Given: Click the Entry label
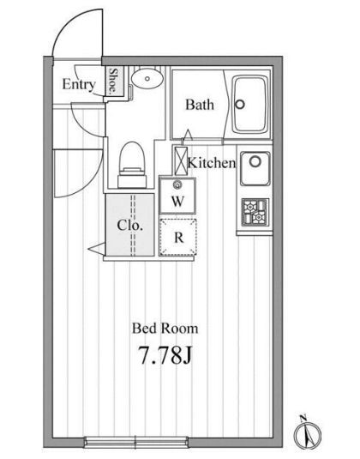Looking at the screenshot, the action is click(79, 85).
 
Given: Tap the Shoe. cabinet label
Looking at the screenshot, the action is click(113, 82).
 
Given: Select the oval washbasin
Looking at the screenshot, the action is click(147, 78).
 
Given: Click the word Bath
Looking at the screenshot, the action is click(200, 105).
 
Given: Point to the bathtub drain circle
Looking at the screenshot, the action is click(240, 104).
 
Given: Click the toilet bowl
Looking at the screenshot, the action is click(132, 165).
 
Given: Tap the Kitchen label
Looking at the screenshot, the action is click(212, 163).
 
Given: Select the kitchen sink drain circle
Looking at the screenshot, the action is click(255, 160).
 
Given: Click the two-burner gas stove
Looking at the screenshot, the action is click(255, 212).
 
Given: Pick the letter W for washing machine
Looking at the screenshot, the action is click(177, 202).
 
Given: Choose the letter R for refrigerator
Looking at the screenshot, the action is click(178, 237).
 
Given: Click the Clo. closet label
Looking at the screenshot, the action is click(129, 226).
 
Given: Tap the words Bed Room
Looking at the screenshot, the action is click(165, 329).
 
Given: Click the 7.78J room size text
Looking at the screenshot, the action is click(165, 355).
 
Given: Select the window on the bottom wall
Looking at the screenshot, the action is click(136, 442).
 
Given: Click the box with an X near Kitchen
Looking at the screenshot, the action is click(181, 160).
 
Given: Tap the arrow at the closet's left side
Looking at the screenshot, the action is click(96, 249).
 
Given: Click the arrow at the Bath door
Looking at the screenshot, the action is click(188, 135).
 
